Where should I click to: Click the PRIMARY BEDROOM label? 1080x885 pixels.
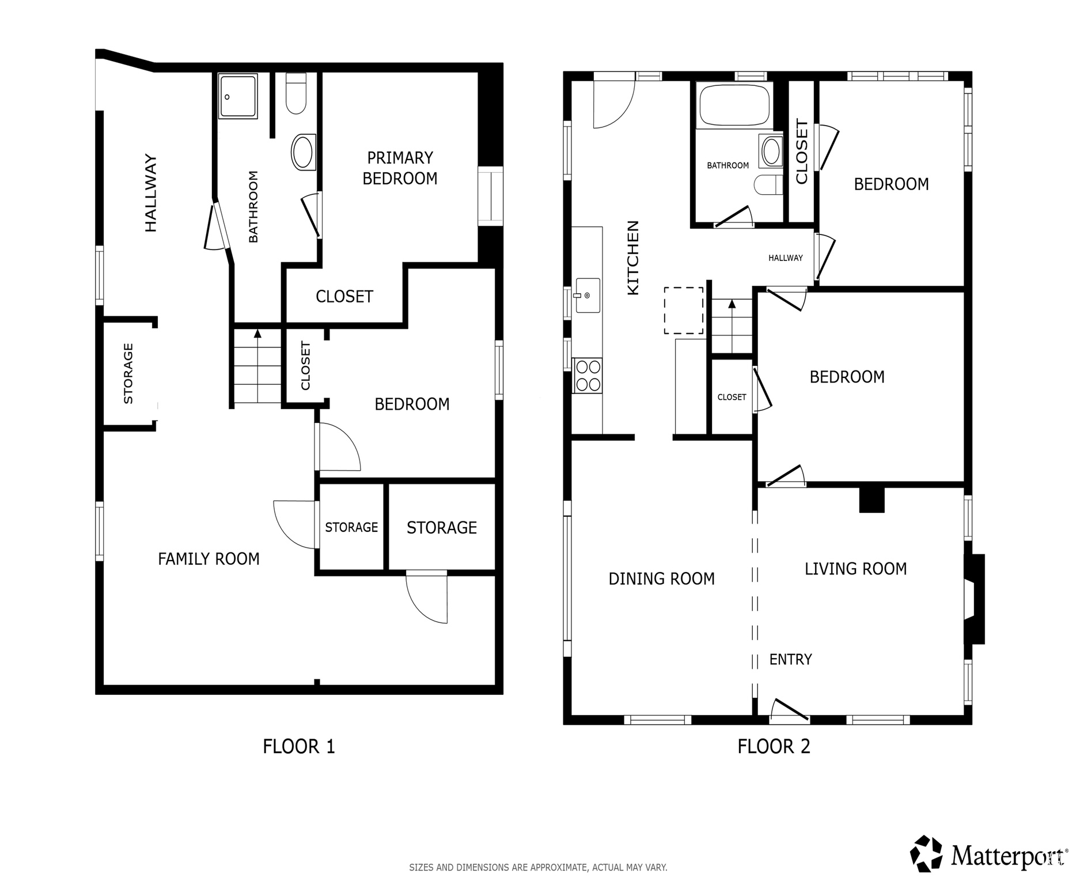pos(400,168)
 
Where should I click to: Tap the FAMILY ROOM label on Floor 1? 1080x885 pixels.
pos(209,559)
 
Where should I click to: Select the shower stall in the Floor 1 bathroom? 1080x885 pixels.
pos(238,96)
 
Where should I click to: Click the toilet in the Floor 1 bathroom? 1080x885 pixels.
pos(296,94)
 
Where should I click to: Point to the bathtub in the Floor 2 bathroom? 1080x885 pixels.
pos(734,105)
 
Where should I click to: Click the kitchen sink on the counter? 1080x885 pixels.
pos(588,296)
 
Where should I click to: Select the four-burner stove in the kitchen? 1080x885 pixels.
pos(587,376)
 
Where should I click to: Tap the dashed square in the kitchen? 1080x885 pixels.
pos(683,311)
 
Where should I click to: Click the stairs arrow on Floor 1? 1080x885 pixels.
pos(257,333)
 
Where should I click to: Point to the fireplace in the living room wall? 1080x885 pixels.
pos(975,599)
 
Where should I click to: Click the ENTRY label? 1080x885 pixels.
pos(790,659)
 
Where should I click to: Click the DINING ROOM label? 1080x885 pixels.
pos(661,578)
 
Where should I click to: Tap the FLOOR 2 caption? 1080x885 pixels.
pos(774,747)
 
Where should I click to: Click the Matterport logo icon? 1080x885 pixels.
pos(926,854)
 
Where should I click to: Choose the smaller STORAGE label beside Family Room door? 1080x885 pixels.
pos(351,527)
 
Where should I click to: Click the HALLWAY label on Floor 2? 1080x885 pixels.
pos(785,258)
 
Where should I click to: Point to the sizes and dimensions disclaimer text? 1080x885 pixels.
pos(538,867)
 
